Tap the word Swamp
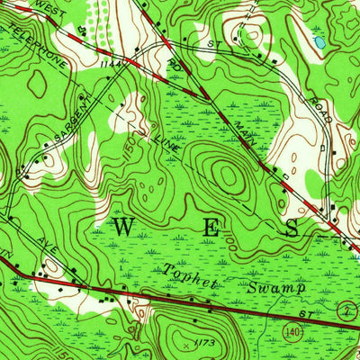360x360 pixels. click(275, 287)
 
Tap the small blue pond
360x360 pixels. click(319, 41)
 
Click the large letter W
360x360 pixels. click(124, 227)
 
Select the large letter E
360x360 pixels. click(210, 229)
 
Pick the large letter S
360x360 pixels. click(292, 229)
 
